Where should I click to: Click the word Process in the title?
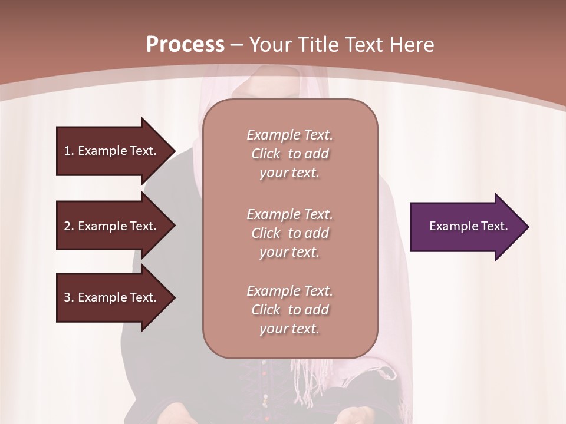pyautogui.click(x=185, y=44)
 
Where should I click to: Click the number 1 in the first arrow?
pyautogui.click(x=67, y=151)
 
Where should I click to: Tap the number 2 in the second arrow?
pyautogui.click(x=67, y=226)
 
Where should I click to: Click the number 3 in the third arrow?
pyautogui.click(x=67, y=297)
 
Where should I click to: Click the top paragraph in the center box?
pyautogui.click(x=289, y=154)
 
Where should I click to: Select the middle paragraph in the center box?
pyautogui.click(x=289, y=233)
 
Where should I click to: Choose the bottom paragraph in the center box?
pyautogui.click(x=289, y=310)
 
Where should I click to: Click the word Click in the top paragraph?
pyautogui.click(x=265, y=154)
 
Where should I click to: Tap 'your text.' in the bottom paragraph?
pyautogui.click(x=289, y=329)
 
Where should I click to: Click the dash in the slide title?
pyautogui.click(x=237, y=44)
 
